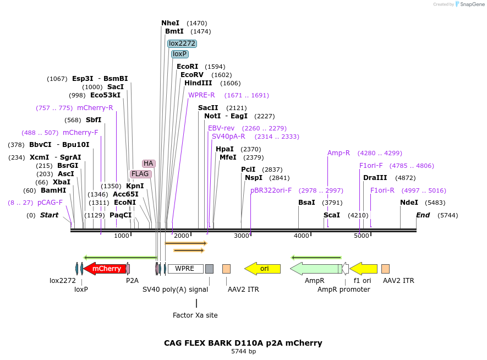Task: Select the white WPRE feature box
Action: point(185,269)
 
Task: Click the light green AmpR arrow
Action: point(315,269)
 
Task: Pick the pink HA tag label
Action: point(149,163)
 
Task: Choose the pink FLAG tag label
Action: point(140,174)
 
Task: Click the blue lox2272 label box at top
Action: point(182,43)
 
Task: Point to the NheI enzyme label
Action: point(171,23)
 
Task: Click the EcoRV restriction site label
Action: point(192,75)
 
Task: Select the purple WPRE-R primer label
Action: point(201,95)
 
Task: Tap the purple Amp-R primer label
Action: point(338,153)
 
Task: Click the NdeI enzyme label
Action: point(409,203)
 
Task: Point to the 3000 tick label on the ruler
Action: point(242,236)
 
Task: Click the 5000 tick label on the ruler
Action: point(361,236)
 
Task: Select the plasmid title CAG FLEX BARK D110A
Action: point(243,343)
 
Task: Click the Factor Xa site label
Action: point(195,315)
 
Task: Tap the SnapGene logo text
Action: point(472,4)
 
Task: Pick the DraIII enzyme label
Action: point(375,178)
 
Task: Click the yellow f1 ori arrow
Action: point(364,269)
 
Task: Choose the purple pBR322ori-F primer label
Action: point(271,190)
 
